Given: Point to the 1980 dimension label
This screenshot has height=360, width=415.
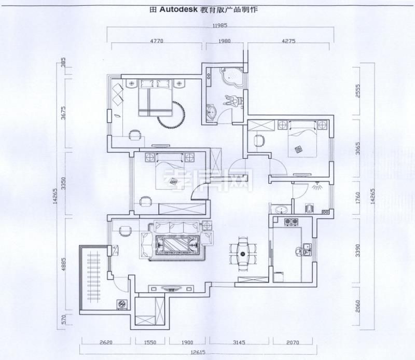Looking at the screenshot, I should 225,40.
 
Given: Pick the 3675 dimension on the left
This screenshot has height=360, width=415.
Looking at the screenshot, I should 62,113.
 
